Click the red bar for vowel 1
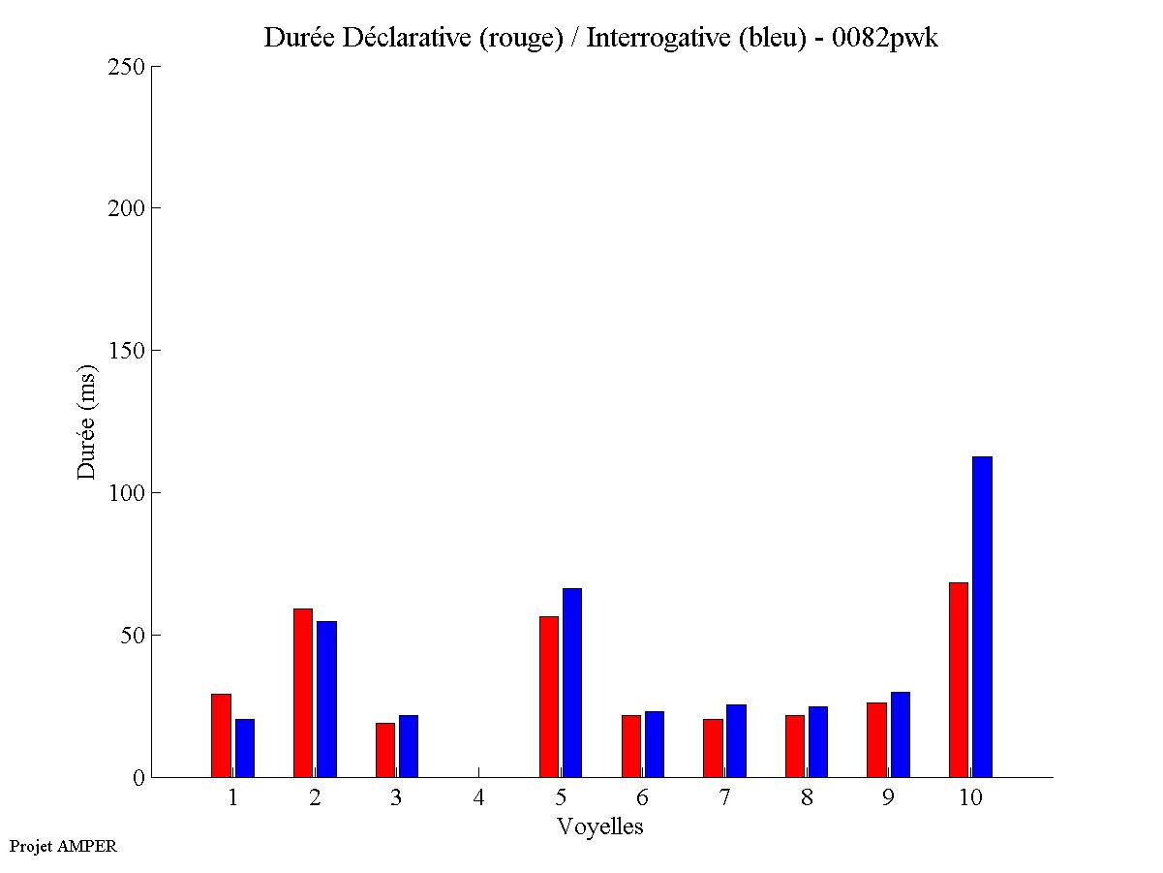click(221, 735)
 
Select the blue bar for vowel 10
click(982, 616)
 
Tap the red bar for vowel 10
click(958, 679)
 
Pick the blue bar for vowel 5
click(572, 682)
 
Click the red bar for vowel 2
click(302, 693)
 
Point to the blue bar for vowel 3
click(409, 746)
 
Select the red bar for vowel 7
click(713, 748)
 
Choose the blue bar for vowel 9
click(900, 734)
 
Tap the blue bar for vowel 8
click(818, 741)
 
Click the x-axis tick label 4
click(478, 798)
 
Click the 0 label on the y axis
click(138, 778)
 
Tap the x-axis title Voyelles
click(600, 826)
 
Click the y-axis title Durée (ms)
click(87, 421)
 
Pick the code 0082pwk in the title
click(885, 39)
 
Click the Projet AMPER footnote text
click(63, 846)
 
